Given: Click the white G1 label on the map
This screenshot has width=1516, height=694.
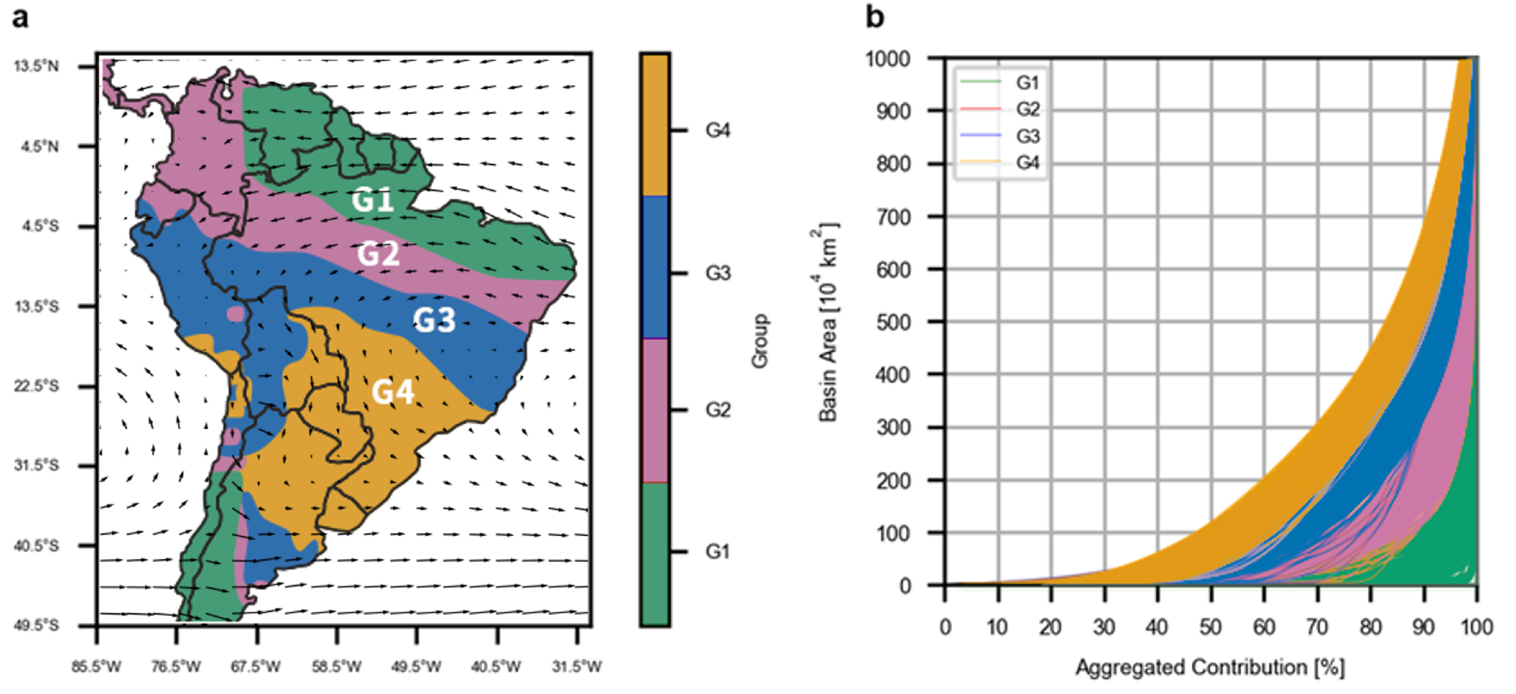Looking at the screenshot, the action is [x=373, y=200].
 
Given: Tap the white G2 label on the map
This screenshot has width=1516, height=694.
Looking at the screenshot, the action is [x=378, y=254].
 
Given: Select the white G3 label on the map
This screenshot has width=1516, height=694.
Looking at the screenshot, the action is [x=434, y=320].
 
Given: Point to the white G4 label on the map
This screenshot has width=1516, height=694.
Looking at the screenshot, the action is [x=393, y=391].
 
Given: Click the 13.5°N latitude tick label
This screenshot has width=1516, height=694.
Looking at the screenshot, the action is [x=37, y=67].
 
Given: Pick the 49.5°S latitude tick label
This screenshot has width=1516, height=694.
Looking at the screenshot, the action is [x=37, y=626].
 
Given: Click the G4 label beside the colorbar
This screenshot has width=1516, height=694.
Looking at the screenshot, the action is [x=718, y=130].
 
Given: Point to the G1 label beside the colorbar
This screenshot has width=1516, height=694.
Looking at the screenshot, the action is [x=718, y=552].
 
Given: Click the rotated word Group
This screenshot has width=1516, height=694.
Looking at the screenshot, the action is [x=760, y=341].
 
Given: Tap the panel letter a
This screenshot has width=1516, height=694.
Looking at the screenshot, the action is [x=21, y=17].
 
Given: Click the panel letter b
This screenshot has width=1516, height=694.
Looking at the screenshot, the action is [x=875, y=16].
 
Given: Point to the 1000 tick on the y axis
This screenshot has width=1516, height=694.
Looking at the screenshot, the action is [x=888, y=58].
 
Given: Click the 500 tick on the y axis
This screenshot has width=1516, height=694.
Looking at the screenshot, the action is [x=894, y=322].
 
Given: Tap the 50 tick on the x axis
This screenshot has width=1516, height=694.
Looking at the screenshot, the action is [x=1210, y=627].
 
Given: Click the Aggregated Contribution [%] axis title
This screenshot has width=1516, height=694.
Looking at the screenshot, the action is [x=1210, y=668].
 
